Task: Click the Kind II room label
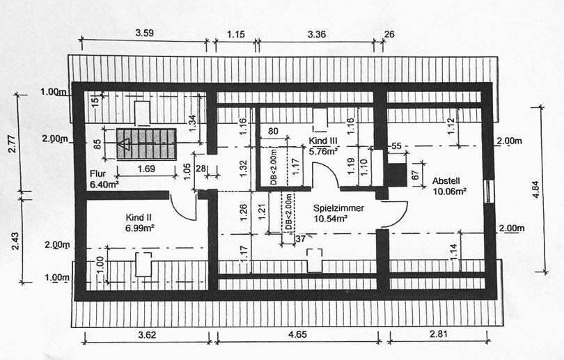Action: [139, 217]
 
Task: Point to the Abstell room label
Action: [446, 178]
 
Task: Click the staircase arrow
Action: [126, 145]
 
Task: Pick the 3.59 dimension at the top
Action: [144, 32]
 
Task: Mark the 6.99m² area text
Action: [140, 228]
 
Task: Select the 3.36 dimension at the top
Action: [316, 32]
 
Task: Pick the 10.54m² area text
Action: [331, 218]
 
